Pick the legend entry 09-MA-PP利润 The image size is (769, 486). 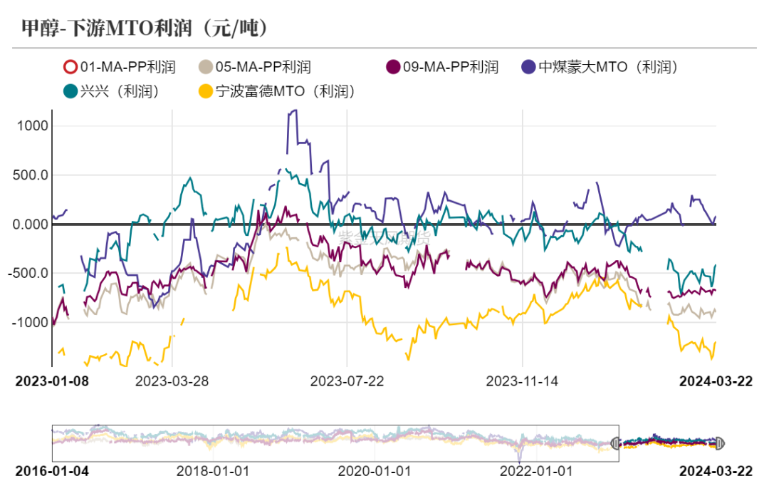tap(442, 68)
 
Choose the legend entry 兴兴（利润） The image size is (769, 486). tap(110, 91)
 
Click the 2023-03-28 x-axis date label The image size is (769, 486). tap(172, 381)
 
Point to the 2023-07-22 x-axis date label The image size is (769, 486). tap(347, 381)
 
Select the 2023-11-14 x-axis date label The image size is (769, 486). tap(522, 381)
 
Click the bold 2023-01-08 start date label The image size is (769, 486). tap(52, 381)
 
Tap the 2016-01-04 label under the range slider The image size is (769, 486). tap(52, 471)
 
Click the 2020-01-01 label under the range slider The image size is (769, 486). tap(375, 471)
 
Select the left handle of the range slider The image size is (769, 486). tap(616, 443)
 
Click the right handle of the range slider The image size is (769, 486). tap(718, 443)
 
